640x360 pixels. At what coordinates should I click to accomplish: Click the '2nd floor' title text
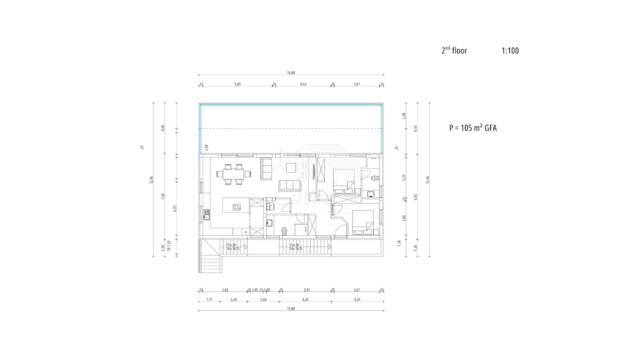point(454,51)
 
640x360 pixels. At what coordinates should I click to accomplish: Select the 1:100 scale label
point(510,51)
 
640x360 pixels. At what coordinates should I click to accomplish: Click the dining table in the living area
point(234,174)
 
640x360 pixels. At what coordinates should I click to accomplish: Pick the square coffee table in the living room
point(292,168)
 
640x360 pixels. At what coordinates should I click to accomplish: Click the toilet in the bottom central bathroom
point(285,230)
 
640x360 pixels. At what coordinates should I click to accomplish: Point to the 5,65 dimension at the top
point(237,84)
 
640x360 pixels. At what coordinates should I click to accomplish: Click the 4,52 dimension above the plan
point(303,84)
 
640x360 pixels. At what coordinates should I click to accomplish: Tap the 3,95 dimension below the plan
point(306,290)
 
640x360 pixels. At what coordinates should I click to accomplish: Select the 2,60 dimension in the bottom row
point(263,300)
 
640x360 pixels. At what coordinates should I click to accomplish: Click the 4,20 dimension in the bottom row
point(305,300)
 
